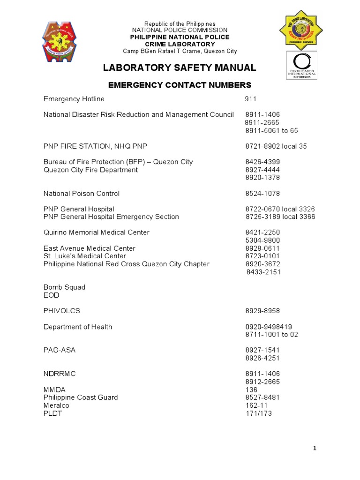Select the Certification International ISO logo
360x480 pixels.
[x=301, y=66]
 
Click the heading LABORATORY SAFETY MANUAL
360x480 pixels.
[x=180, y=68]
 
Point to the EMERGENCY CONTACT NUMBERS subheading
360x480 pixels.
[x=180, y=85]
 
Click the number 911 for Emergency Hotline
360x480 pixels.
[x=251, y=99]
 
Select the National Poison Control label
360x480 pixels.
[x=82, y=194]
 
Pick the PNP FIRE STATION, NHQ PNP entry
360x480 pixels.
[x=96, y=146]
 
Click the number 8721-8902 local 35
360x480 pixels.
[x=276, y=146]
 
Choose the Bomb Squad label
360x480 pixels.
[x=64, y=287]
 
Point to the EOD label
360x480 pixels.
[x=51, y=295]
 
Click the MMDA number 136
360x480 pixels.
[x=251, y=390]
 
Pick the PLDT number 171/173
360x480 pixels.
[x=259, y=413]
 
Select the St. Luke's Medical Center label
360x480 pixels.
[x=85, y=256]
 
